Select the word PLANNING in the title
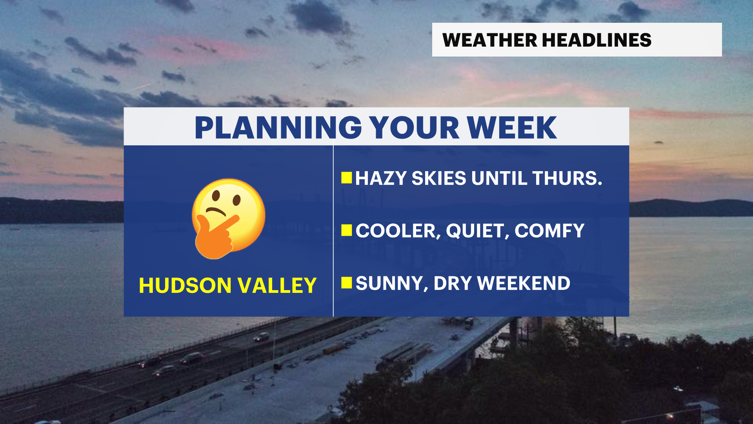coord(278,128)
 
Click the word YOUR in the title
coord(414,128)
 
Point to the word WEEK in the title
coord(512,128)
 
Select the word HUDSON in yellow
coord(185,285)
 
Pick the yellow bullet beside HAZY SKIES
coord(347,178)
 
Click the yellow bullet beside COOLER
coord(347,230)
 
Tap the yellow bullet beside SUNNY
coord(347,283)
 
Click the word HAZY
coord(381,178)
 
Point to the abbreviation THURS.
coord(567,178)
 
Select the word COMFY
coord(549,231)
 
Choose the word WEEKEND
coord(524,283)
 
